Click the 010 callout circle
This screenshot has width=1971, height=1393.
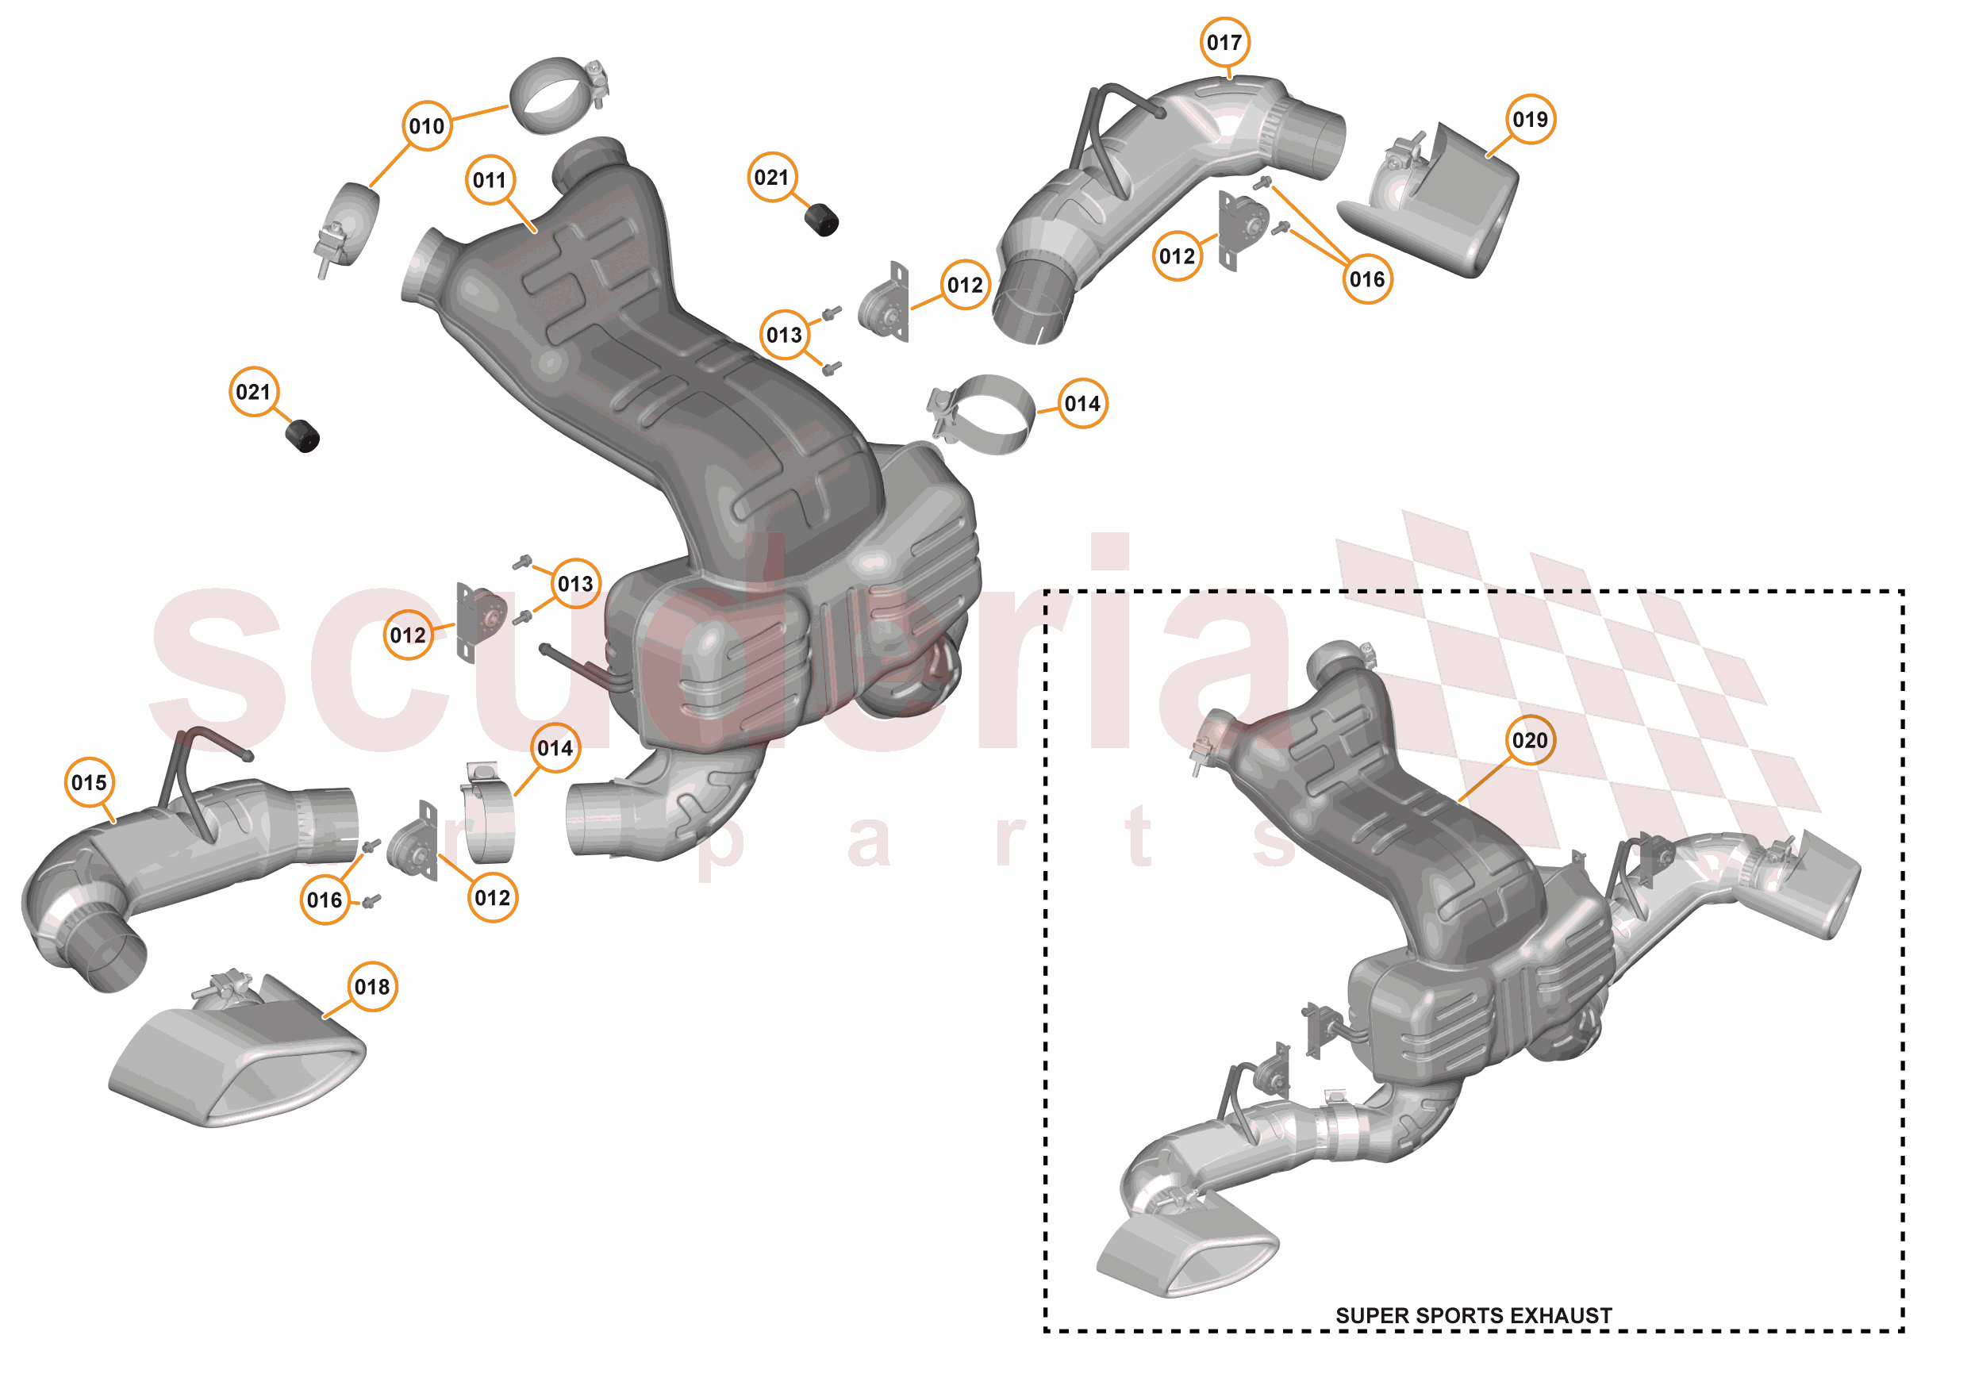click(427, 126)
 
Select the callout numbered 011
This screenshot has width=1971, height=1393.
click(490, 180)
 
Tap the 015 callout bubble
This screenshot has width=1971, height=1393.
click(90, 782)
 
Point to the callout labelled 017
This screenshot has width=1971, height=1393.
click(1224, 42)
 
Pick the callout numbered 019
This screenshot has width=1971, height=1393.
click(1530, 119)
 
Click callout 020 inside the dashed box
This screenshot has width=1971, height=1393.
click(1530, 740)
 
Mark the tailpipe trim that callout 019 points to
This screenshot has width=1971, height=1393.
click(1450, 206)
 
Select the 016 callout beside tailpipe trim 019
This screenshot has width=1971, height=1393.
click(1366, 279)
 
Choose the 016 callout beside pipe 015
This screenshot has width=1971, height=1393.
click(325, 900)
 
